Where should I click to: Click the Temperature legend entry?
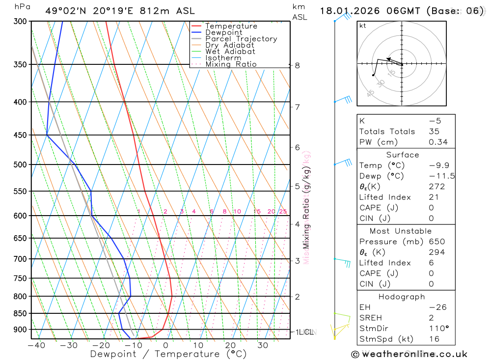click(231, 26)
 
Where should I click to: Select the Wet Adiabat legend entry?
click(230, 52)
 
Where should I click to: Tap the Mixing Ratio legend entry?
click(231, 64)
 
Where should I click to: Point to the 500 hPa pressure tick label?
click(20, 165)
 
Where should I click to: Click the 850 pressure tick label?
click(20, 313)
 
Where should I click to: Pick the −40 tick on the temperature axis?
click(36, 345)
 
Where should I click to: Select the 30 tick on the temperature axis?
click(263, 345)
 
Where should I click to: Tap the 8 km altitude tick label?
click(297, 65)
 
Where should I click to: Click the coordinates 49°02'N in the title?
click(66, 11)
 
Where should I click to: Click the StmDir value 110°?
click(437, 329)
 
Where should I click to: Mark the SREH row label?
click(370, 318)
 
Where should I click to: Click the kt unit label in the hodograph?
click(363, 26)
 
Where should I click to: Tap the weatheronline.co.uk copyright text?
click(409, 354)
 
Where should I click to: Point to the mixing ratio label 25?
click(283, 212)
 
